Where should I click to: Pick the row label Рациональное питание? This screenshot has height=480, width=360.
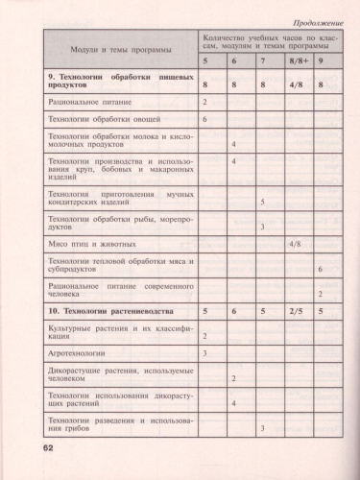(89, 101)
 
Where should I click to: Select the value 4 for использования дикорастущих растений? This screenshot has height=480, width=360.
(234, 402)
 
